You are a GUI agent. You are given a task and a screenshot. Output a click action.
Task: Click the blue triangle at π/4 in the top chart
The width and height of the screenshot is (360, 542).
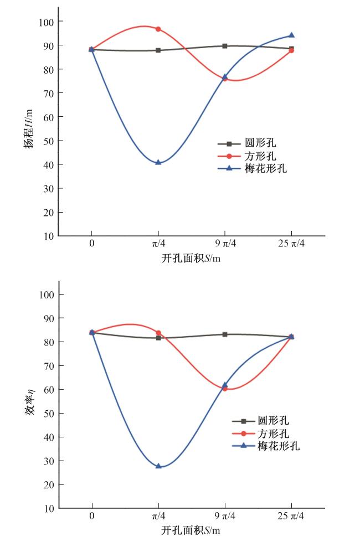point(158,162)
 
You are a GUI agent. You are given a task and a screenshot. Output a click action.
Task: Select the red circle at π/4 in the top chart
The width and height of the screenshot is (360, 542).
point(158,29)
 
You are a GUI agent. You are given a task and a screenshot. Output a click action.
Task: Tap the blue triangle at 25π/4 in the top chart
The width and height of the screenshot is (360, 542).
point(291,35)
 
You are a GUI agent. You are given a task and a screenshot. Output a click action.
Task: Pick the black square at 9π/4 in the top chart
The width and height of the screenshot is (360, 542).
point(225,46)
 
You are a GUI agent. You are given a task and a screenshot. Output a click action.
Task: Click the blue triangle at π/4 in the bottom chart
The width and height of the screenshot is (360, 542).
point(158,466)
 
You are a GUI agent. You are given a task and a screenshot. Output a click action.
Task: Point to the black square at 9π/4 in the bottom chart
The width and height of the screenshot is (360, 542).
point(225,334)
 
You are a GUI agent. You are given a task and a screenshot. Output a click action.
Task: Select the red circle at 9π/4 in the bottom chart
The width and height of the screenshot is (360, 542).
point(225,389)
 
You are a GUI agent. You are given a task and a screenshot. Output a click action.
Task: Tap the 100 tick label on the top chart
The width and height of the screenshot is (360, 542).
point(47,22)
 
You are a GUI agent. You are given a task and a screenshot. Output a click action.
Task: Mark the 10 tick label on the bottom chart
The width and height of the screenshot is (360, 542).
point(49,508)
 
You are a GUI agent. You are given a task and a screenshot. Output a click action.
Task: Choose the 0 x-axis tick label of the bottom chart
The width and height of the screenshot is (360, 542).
point(92,517)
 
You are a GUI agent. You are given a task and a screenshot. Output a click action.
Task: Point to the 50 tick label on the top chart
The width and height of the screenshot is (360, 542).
point(49,141)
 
